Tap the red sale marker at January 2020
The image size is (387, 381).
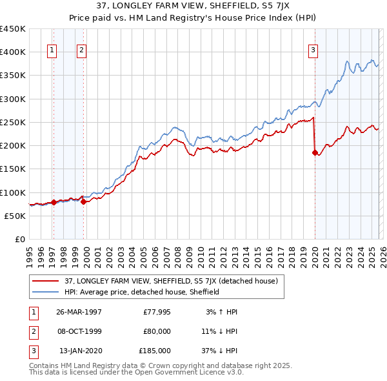[x=315, y=153]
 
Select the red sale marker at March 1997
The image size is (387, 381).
[x=54, y=202]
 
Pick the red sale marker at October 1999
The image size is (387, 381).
[x=83, y=201]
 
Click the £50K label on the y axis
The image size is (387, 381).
[x=15, y=216]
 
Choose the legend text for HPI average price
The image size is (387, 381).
[x=143, y=292]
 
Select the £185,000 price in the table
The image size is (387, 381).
[x=155, y=351]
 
